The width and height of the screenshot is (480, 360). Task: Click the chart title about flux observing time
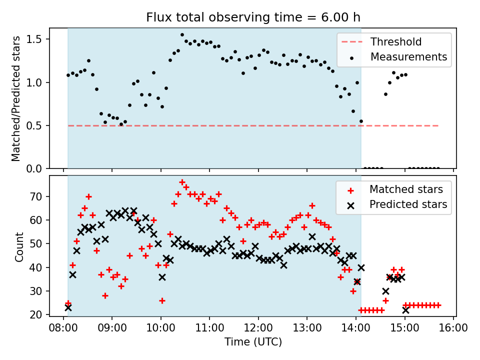tap(253, 17)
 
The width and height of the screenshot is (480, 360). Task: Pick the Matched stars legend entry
tap(405, 189)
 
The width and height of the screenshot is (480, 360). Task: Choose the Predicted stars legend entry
tap(408, 204)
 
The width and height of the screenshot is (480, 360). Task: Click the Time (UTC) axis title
tap(253, 342)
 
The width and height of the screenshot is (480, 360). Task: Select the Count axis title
tap(19, 246)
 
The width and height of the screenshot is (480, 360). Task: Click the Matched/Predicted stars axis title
tap(16, 98)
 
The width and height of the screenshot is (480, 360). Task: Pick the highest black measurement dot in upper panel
tap(182, 35)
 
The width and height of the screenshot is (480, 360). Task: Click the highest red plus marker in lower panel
tap(182, 182)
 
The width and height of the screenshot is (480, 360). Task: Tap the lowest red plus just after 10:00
tap(162, 300)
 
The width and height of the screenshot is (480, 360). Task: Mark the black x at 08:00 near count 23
tap(68, 307)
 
